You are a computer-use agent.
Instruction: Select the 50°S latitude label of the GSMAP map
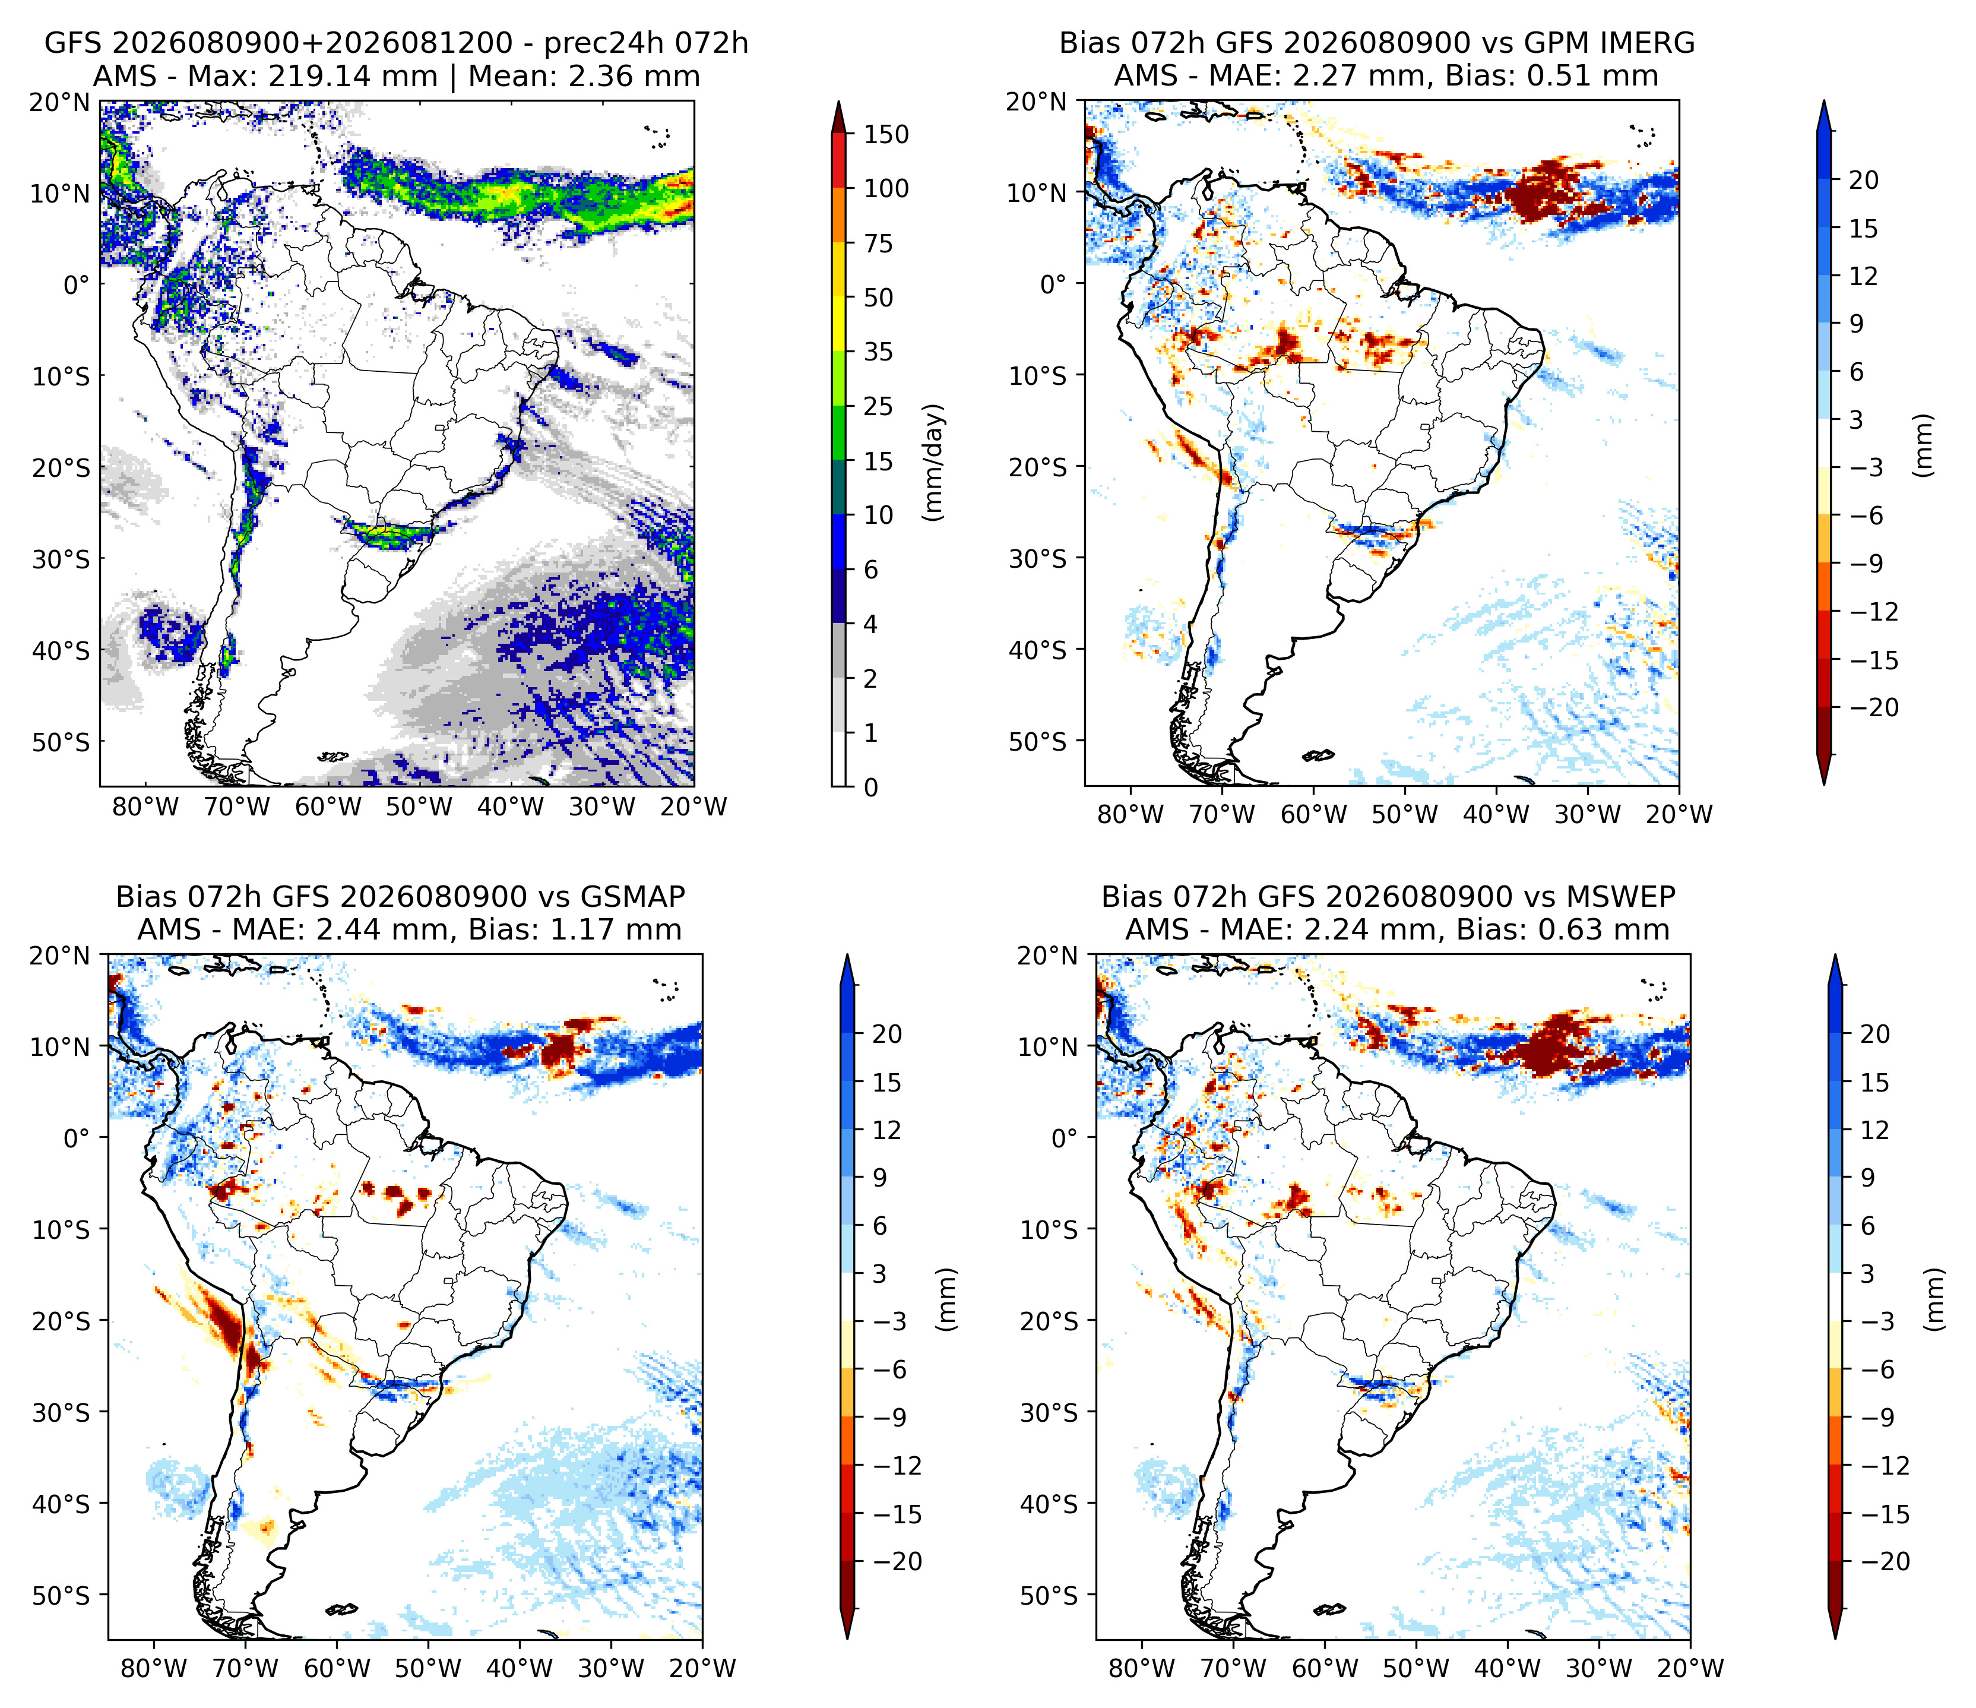[x=61, y=1596]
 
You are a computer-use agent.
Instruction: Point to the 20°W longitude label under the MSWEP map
[x=1691, y=1669]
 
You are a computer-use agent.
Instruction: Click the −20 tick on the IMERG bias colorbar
[x=1874, y=708]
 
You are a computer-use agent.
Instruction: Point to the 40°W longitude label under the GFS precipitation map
[x=510, y=807]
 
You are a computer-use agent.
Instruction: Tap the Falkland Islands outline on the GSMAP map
[x=341, y=1610]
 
